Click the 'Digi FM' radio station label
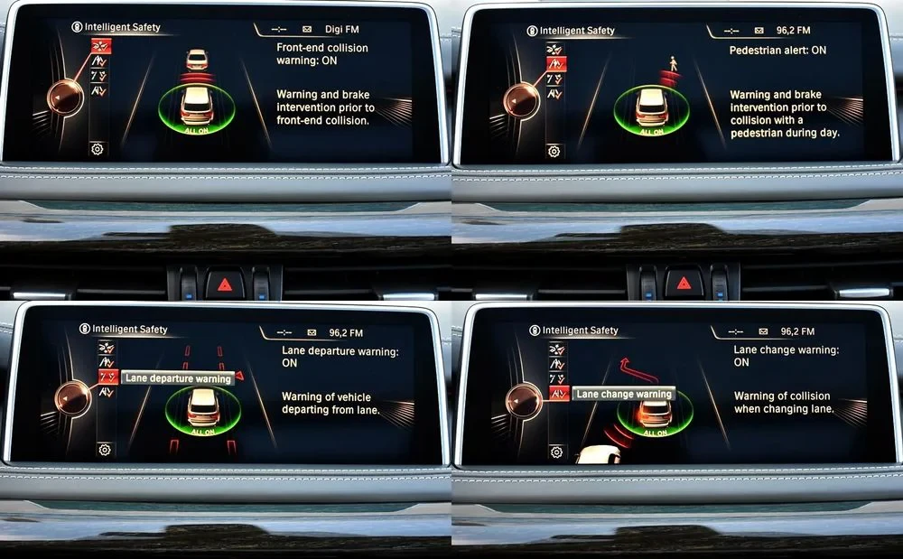(x=342, y=29)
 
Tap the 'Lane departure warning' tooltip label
(x=178, y=378)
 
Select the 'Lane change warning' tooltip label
(x=624, y=394)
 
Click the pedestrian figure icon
(x=673, y=63)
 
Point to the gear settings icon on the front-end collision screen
(x=97, y=149)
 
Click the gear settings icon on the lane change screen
(x=556, y=452)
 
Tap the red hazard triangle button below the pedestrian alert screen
(x=684, y=283)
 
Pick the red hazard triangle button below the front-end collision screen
(x=225, y=284)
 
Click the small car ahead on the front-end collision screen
(x=197, y=60)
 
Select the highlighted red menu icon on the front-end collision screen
(x=101, y=46)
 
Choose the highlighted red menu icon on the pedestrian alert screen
(x=555, y=64)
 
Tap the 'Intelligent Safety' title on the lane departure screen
(x=129, y=329)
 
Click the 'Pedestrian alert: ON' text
(x=777, y=50)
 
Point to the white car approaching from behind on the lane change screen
(x=599, y=454)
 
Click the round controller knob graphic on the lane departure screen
(x=73, y=398)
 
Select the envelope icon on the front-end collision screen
(x=307, y=29)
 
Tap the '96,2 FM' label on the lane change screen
(x=797, y=331)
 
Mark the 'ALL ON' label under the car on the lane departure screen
(x=202, y=431)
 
